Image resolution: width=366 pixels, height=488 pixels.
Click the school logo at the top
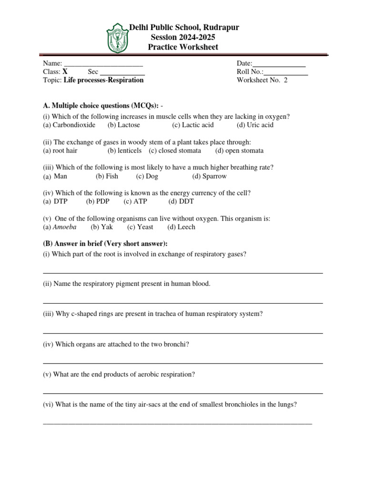click(x=118, y=38)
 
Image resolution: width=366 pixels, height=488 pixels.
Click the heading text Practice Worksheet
click(x=183, y=47)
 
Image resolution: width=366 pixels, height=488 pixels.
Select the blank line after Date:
click(x=279, y=64)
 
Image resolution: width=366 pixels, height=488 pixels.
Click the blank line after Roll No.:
click(x=286, y=72)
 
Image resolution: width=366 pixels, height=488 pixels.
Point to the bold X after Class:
click(x=65, y=72)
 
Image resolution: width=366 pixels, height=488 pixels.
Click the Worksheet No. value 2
click(x=286, y=80)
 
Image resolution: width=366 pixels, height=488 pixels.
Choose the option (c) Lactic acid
click(x=193, y=125)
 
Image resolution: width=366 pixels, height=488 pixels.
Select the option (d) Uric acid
click(x=255, y=125)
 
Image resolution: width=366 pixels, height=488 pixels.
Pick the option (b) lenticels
click(x=124, y=151)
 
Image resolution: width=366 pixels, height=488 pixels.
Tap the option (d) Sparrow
click(x=209, y=176)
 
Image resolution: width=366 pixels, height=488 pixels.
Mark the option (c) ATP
click(x=135, y=202)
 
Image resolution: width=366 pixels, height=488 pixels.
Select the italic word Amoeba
click(x=64, y=227)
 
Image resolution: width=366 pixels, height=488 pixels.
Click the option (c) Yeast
click(x=140, y=227)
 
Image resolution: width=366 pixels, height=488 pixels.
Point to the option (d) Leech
click(x=181, y=227)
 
